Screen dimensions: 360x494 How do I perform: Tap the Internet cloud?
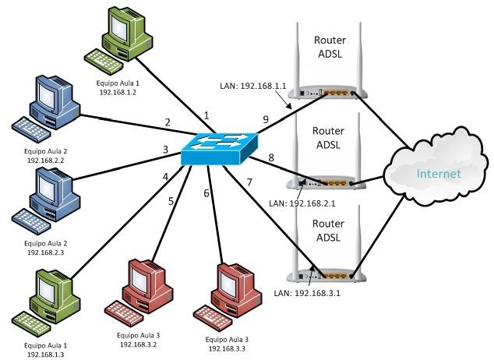click(x=436, y=173)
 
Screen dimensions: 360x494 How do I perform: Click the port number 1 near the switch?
click(x=206, y=115)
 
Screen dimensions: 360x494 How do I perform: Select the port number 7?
click(x=249, y=182)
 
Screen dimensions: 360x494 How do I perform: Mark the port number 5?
click(x=171, y=200)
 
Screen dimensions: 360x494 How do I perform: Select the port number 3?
click(x=165, y=149)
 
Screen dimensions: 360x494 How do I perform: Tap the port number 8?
click(x=271, y=157)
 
